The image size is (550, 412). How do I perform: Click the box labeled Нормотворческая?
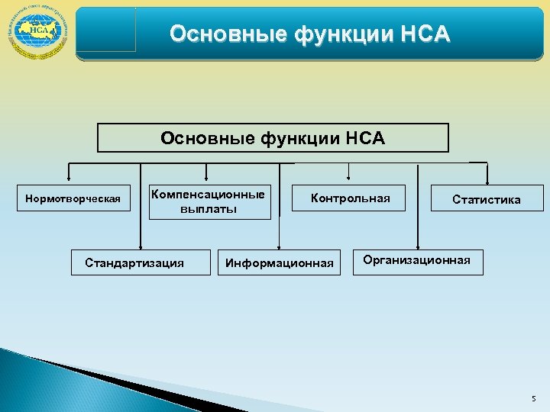[x=73, y=200]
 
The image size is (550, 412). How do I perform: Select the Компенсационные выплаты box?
[x=209, y=201]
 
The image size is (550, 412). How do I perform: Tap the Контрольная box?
[x=350, y=199]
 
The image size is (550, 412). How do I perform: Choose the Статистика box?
[x=487, y=200]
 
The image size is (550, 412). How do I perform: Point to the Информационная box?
[x=280, y=264]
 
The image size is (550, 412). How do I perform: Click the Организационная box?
[x=417, y=261]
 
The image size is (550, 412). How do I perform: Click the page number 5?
[x=532, y=398]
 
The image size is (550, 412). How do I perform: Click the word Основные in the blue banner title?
[x=216, y=34]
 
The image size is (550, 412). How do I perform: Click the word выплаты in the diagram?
[x=209, y=209]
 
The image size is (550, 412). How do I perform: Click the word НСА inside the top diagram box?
[x=365, y=139]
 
